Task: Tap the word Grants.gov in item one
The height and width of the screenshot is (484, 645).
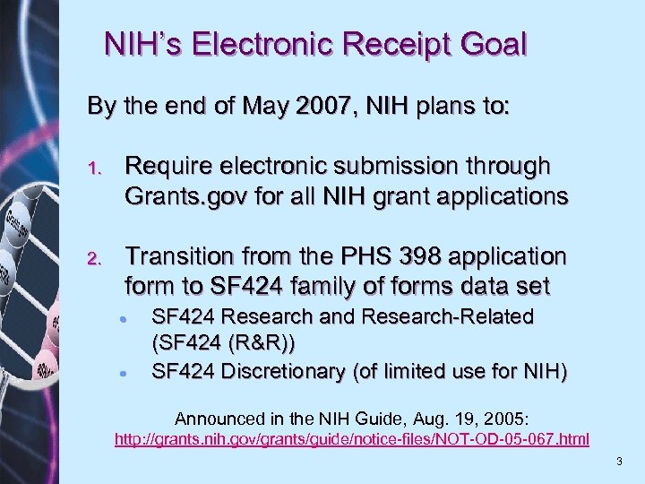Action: tap(175, 195)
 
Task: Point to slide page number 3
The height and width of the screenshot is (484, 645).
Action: tap(619, 461)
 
